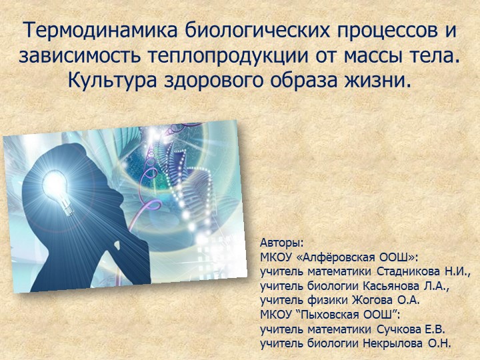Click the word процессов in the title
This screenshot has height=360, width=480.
click(x=361, y=31)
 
